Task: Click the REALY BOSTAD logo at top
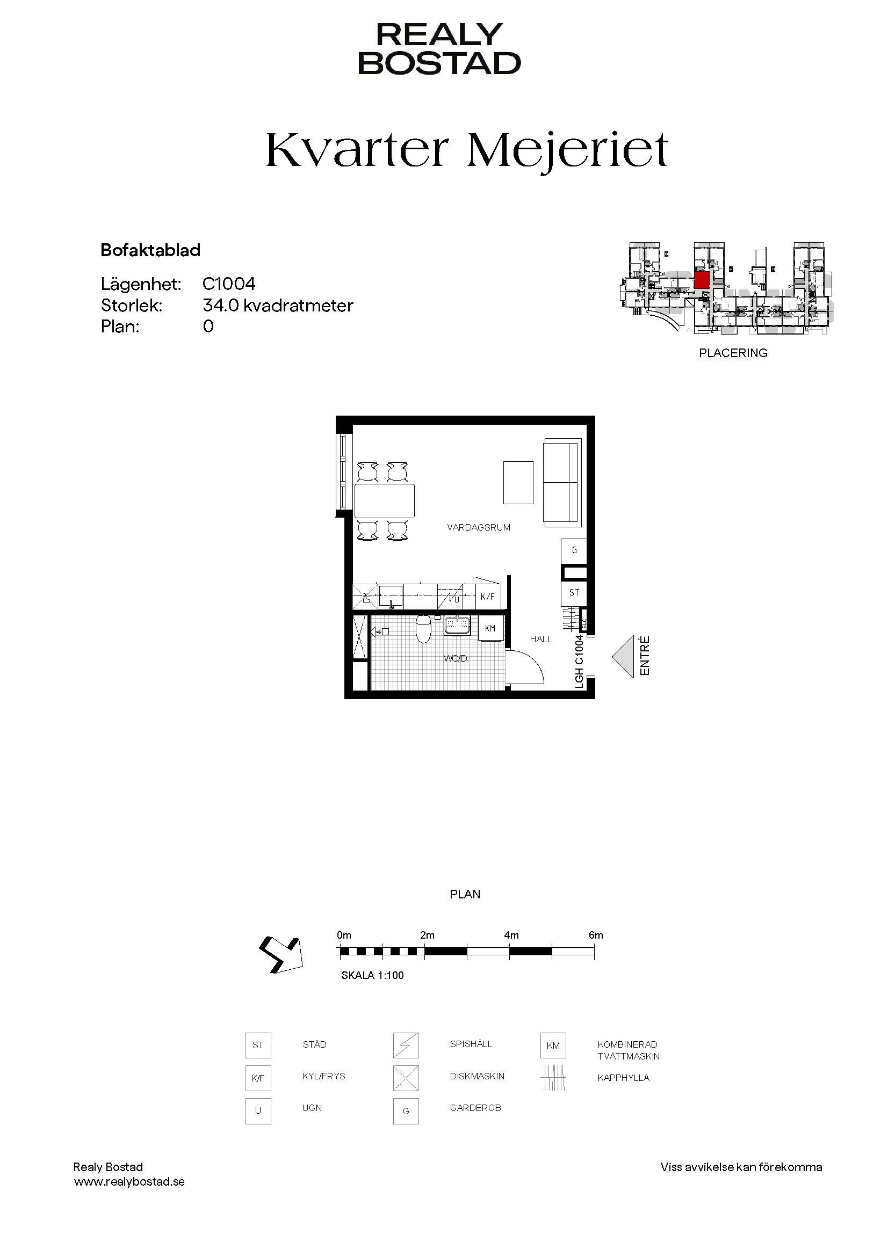[x=439, y=49]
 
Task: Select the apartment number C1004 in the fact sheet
[x=229, y=284]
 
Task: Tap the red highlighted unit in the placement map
[x=702, y=280]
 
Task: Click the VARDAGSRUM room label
[x=479, y=527]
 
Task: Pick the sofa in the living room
[x=562, y=483]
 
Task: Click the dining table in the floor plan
[x=385, y=500]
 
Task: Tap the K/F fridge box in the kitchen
[x=487, y=597]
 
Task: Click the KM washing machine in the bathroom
[x=490, y=628]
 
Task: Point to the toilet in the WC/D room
[x=423, y=629]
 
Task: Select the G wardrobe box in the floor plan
[x=574, y=550]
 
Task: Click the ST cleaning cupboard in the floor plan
[x=574, y=592]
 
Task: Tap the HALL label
[x=540, y=639]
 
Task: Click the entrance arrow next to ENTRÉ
[x=623, y=656]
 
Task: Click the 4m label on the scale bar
[x=511, y=935]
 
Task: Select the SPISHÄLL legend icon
[x=406, y=1046]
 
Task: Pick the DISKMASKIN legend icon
[x=406, y=1078]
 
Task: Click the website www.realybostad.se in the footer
[x=129, y=1181]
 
